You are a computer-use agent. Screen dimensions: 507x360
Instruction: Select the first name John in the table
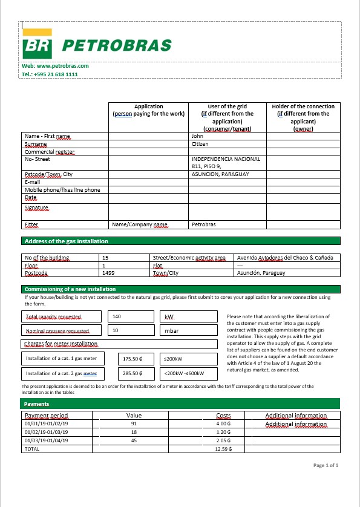coord(197,137)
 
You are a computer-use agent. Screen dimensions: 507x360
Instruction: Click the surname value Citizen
coord(200,144)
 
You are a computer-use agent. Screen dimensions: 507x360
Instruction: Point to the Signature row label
coord(36,208)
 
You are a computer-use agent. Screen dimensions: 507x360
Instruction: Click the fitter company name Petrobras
coord(203,224)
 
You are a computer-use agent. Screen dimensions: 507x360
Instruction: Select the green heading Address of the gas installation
coord(67,241)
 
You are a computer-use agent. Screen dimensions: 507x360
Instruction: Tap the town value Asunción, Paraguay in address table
coord(261,273)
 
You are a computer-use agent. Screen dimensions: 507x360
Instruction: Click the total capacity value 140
coord(117,316)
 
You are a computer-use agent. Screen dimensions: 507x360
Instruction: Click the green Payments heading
coord(37,403)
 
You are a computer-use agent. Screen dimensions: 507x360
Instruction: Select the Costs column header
coord(224,416)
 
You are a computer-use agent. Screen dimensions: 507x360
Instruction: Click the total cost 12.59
coord(223,449)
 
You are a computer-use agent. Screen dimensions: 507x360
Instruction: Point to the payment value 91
coord(134,424)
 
